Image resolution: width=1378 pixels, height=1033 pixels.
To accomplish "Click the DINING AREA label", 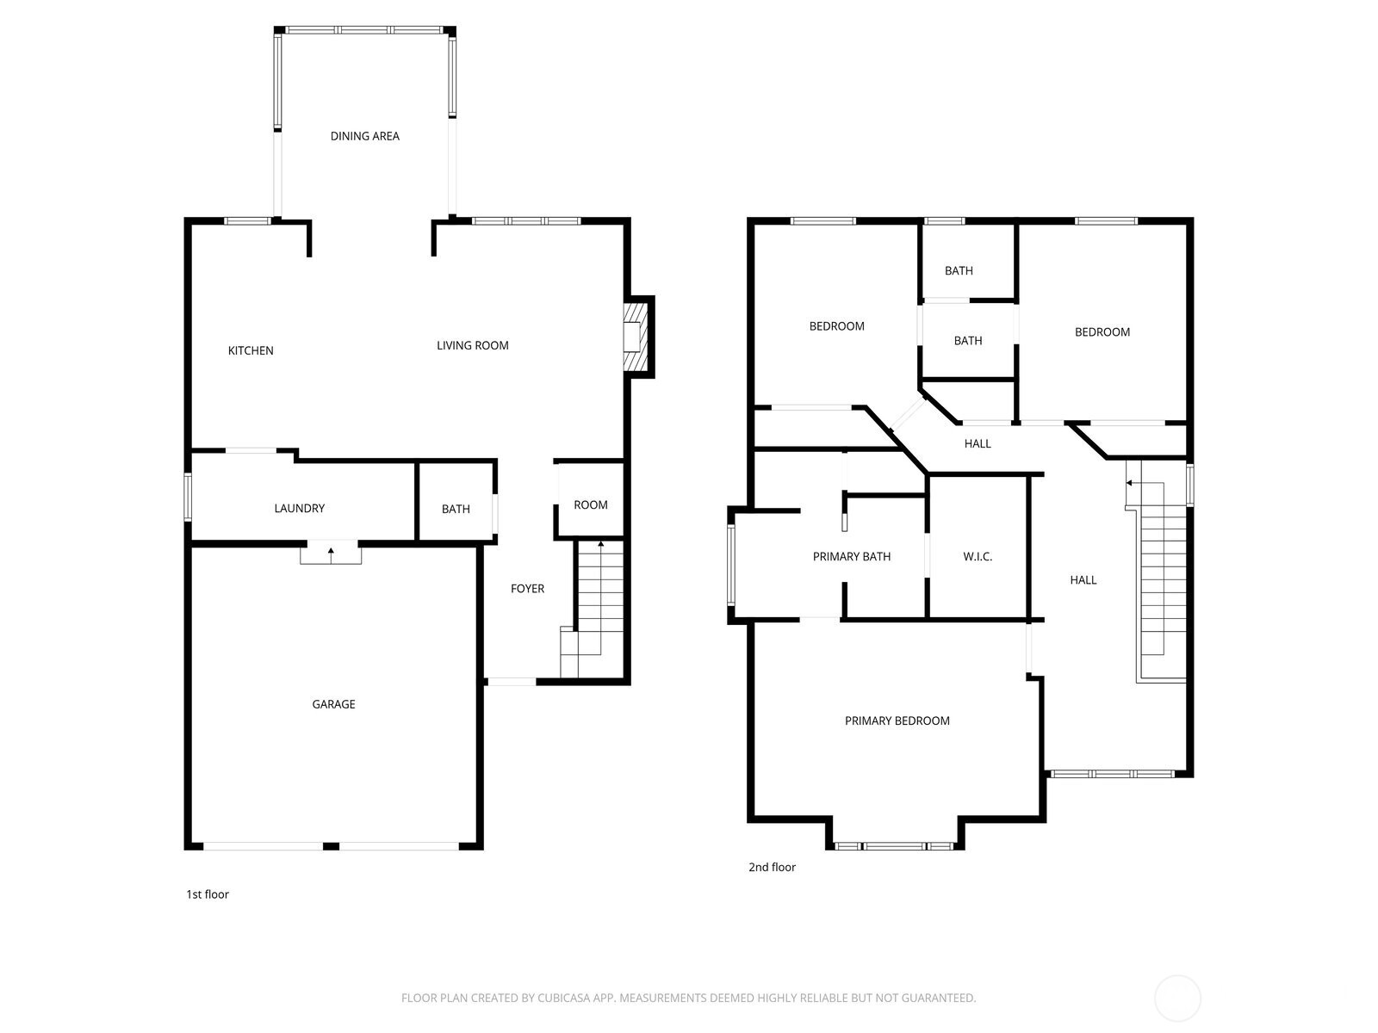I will tap(364, 136).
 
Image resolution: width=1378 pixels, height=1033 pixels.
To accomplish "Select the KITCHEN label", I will tap(251, 350).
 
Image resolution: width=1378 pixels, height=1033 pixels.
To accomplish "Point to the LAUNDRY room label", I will tap(299, 509).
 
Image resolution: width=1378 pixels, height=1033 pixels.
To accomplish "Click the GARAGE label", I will tap(333, 704).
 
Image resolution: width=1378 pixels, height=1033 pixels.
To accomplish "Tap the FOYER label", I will tap(527, 589).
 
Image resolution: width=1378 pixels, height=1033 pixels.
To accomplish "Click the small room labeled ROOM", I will tap(591, 504).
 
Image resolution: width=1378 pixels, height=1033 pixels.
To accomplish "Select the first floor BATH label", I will tap(456, 509).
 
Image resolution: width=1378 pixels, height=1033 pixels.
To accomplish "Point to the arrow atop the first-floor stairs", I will tap(600, 544).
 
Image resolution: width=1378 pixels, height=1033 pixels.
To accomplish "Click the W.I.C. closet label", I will tap(978, 557).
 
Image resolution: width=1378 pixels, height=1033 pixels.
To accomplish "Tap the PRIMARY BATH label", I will tap(851, 557).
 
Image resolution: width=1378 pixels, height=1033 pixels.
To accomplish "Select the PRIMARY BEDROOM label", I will tap(897, 721).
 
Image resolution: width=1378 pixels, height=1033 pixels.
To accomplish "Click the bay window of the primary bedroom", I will tap(894, 846).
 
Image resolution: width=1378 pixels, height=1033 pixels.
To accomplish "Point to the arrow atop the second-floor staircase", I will tap(1130, 483).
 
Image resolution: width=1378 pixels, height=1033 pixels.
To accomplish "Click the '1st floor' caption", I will tap(208, 894).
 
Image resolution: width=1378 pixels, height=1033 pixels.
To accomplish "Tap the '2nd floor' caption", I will tap(772, 867).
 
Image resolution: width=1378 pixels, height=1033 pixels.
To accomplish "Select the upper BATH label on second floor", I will tap(959, 270).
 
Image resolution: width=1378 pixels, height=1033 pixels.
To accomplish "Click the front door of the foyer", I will tap(512, 682).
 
